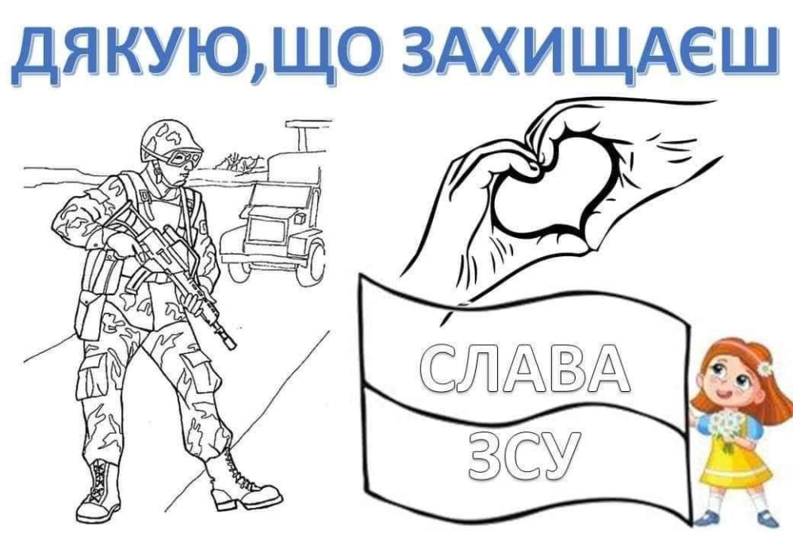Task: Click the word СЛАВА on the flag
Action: pyautogui.click(x=524, y=367)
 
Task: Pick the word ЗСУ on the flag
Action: pyautogui.click(x=523, y=455)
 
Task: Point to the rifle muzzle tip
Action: pyautogui.click(x=232, y=345)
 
